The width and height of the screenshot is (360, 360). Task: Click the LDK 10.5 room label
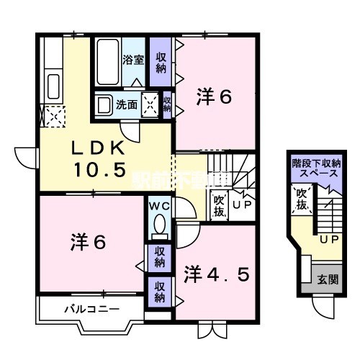101,160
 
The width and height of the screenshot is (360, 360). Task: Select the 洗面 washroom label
126,104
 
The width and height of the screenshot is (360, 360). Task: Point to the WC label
159,206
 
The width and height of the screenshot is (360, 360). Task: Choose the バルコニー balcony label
86,310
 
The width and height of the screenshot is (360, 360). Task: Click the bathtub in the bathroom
108,61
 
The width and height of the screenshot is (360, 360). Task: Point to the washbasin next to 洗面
104,104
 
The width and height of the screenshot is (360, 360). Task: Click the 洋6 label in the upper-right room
214,99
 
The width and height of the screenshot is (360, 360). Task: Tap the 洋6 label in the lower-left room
88,242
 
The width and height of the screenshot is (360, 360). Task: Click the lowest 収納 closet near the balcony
159,291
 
